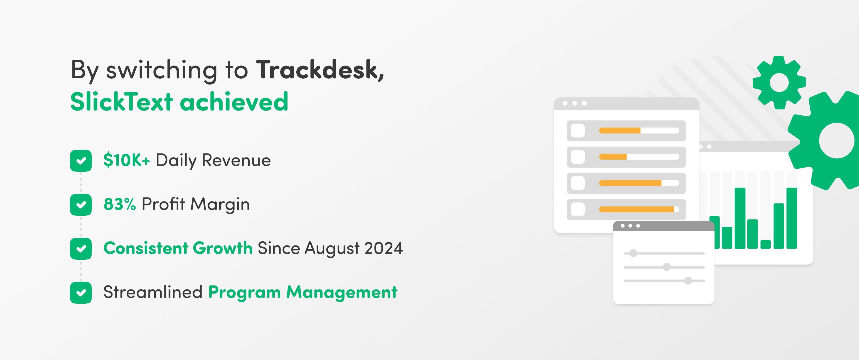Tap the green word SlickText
click(x=122, y=101)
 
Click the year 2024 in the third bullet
click(x=384, y=248)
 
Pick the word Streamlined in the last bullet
click(x=153, y=292)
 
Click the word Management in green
click(x=342, y=292)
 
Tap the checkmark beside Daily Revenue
click(x=81, y=161)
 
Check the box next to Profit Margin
click(x=81, y=205)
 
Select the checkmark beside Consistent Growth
click(x=81, y=249)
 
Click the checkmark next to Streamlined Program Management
click(x=81, y=293)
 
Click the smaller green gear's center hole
click(x=779, y=82)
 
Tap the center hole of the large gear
click(x=836, y=140)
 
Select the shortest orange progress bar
click(x=613, y=157)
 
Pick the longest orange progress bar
click(x=636, y=209)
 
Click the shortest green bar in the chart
click(x=766, y=244)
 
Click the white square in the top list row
click(x=578, y=131)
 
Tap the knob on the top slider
click(x=633, y=253)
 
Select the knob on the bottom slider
click(x=688, y=281)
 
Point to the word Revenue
click(x=236, y=160)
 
